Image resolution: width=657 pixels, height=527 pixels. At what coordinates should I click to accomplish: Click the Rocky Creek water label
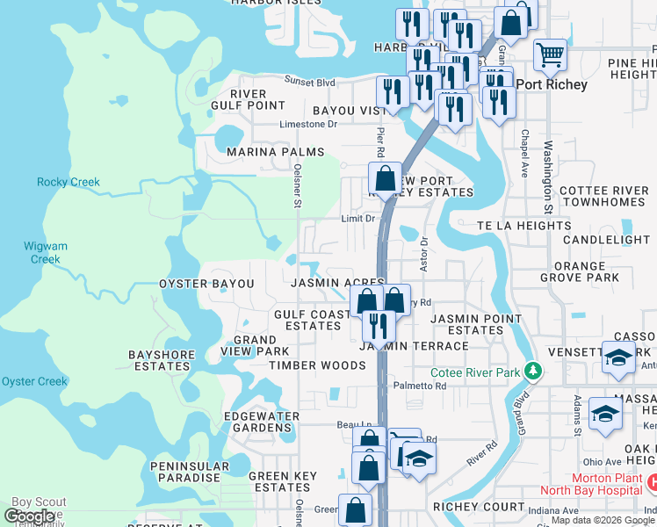tap(69, 183)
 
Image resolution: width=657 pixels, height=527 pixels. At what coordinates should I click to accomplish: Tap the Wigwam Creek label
tap(46, 253)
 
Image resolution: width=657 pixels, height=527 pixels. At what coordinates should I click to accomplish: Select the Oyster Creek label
tap(34, 381)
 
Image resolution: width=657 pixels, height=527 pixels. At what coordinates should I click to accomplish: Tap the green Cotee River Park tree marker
tap(531, 370)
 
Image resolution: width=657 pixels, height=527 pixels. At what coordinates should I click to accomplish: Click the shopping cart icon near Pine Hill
tap(550, 54)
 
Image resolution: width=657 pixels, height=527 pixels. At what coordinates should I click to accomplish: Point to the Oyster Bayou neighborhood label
tap(206, 285)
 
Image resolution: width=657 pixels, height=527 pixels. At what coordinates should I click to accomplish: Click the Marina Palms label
tap(264, 152)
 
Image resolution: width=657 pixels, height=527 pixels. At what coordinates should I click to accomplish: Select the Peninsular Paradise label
tap(184, 472)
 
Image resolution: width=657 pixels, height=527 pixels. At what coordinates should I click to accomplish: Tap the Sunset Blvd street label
tap(309, 83)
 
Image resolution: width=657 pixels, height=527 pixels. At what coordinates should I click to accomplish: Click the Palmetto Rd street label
tap(414, 386)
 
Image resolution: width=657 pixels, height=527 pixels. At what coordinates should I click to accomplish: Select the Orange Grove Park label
tap(580, 271)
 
